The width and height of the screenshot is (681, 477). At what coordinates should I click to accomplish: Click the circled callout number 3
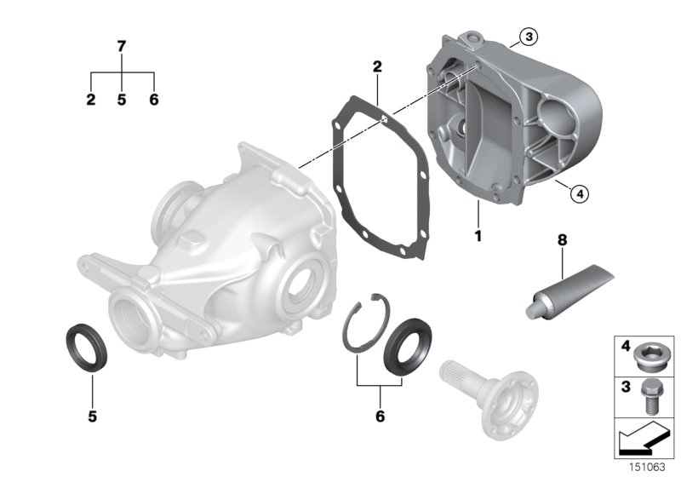pyautogui.click(x=529, y=36)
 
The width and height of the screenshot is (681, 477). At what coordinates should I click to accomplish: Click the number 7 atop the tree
pyautogui.click(x=122, y=46)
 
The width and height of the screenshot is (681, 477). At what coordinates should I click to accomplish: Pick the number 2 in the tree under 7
pyautogui.click(x=90, y=100)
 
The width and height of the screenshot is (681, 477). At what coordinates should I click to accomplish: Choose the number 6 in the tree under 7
pyautogui.click(x=153, y=100)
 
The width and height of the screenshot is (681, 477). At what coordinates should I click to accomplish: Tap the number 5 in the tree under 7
pyautogui.click(x=122, y=100)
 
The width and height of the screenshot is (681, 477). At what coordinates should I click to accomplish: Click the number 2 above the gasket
pyautogui.click(x=376, y=66)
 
